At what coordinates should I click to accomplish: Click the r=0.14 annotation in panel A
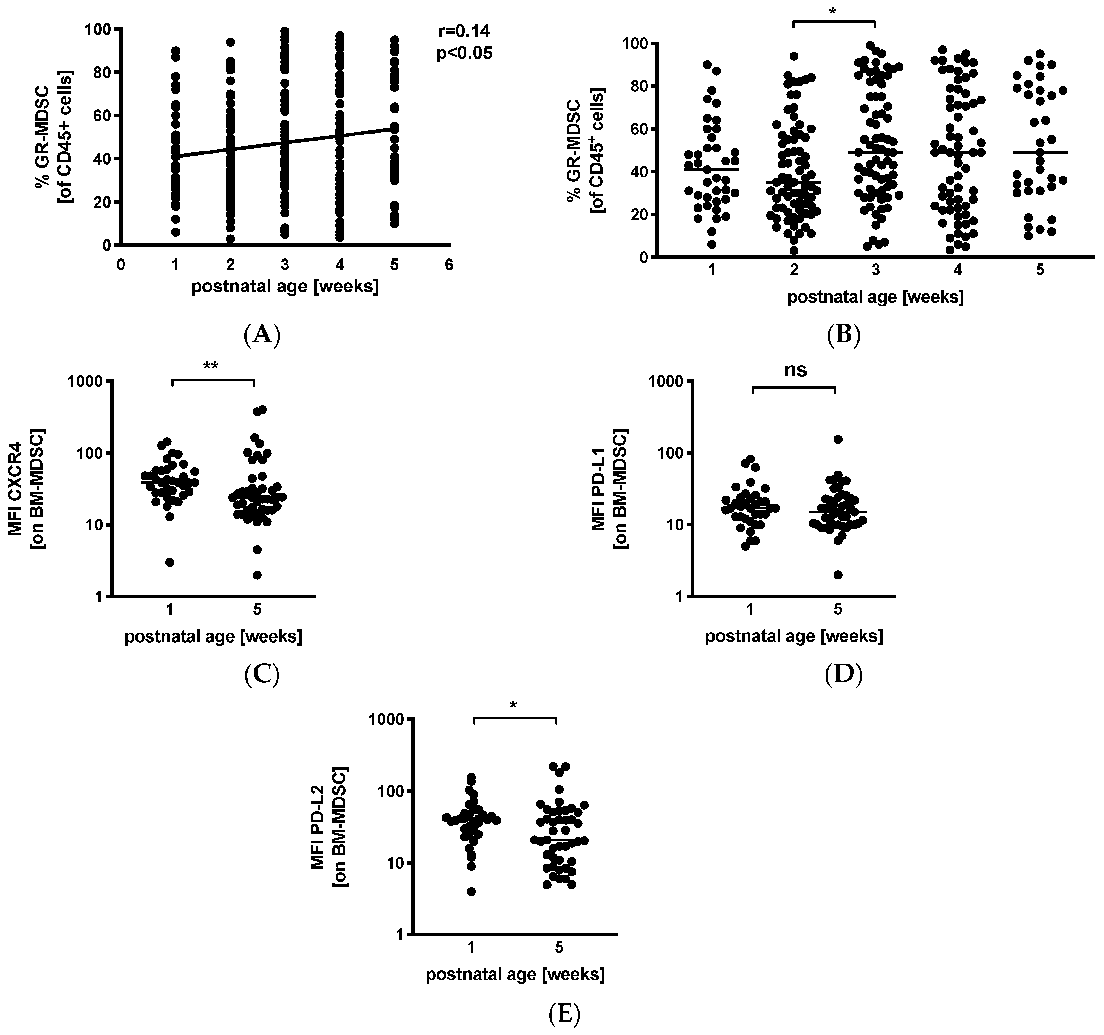pyautogui.click(x=464, y=31)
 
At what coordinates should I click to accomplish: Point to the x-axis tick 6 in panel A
pyautogui.click(x=449, y=265)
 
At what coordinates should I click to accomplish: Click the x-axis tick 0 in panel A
pyautogui.click(x=121, y=265)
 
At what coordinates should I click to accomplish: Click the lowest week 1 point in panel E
pyautogui.click(x=472, y=892)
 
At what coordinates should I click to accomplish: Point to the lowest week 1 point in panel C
pyautogui.click(x=170, y=562)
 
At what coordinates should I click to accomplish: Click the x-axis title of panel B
pyautogui.click(x=875, y=297)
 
